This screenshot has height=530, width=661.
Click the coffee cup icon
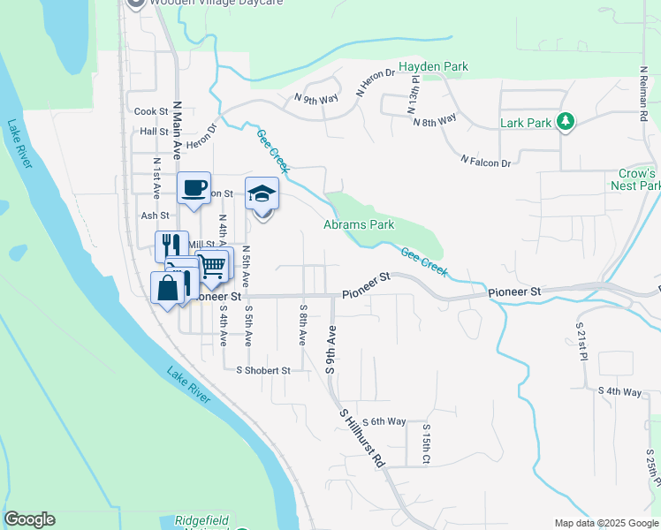[x=194, y=188]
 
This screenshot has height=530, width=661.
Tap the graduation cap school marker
[x=262, y=193]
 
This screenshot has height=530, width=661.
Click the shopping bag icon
[x=168, y=287]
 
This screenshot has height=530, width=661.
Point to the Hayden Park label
[x=432, y=66]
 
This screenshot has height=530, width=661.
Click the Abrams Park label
[x=359, y=224]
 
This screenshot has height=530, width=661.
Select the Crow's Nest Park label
[x=635, y=179]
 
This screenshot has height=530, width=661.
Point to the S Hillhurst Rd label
[x=362, y=437]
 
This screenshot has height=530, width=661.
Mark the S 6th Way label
[x=383, y=421]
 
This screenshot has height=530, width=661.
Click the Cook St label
[x=151, y=111]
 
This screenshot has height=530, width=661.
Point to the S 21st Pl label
[x=583, y=344]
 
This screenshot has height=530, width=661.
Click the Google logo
[x=29, y=519]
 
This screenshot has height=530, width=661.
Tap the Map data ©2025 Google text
[x=605, y=523]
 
